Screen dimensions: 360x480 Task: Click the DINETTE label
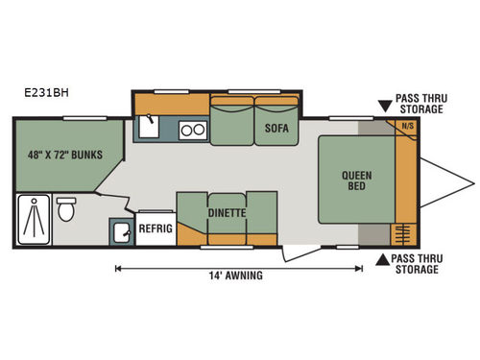coord(228,213)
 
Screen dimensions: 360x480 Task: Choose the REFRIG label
coord(155,230)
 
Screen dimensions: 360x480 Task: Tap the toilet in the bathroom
coord(67,209)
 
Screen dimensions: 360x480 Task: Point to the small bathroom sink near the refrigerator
coord(122,231)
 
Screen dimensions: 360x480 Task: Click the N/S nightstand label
coord(407,126)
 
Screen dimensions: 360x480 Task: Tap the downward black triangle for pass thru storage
coord(383,98)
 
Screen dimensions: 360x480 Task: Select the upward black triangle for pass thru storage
coord(382,258)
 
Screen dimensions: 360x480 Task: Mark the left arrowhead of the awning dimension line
coord(118,268)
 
